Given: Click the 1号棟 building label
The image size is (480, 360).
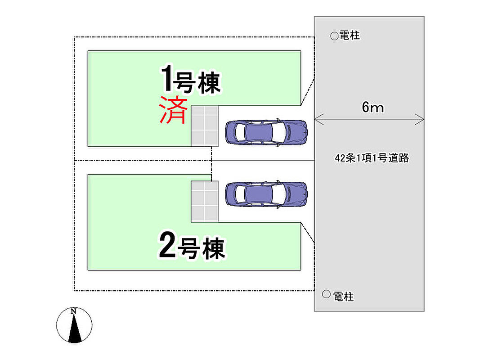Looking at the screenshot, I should tap(191, 80).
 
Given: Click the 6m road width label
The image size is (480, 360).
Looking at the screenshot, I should tap(372, 108).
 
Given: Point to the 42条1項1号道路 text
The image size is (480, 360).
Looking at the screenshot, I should tap(372, 158).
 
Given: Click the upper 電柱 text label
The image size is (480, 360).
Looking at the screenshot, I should tap(350, 36).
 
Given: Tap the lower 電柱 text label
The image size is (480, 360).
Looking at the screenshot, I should tap(343, 296).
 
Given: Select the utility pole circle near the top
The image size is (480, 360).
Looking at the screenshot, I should tap(334, 36).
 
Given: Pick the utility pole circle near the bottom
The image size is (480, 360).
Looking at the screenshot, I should tap(327, 295).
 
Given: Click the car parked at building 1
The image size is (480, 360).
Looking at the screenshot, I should tap(266, 132).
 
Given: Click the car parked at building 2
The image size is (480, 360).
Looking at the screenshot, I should tap(266, 194).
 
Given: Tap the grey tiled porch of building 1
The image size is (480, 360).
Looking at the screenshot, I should tap(205, 126).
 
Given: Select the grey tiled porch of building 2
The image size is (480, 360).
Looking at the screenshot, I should tap(205, 201).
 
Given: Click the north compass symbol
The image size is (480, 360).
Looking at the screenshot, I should tap(74, 325).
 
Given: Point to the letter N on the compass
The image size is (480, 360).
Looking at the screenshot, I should tap(74, 311).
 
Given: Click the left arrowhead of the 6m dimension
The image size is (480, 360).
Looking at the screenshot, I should tap(316, 119).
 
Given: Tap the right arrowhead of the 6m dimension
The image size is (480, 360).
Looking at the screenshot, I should tap(422, 119).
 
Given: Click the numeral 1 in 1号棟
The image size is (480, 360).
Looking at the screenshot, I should tap(166, 78).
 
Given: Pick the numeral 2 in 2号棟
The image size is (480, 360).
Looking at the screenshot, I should tap(167, 246).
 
